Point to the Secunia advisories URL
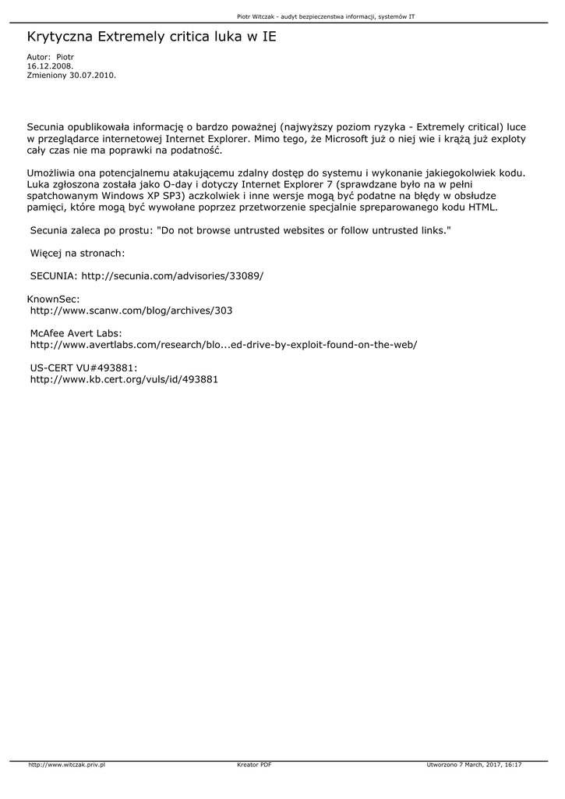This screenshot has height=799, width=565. [172, 276]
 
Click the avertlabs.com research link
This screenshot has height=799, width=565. [223, 344]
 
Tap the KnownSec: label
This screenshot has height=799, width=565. [53, 299]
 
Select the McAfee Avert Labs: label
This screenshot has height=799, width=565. [76, 333]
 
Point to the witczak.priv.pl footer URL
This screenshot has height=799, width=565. [67, 765]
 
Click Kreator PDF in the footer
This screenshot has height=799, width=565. [254, 765]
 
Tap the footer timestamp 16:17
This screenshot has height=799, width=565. [513, 765]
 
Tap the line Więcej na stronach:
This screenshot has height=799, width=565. [77, 253]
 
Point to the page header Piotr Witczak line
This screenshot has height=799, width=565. [325, 16]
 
